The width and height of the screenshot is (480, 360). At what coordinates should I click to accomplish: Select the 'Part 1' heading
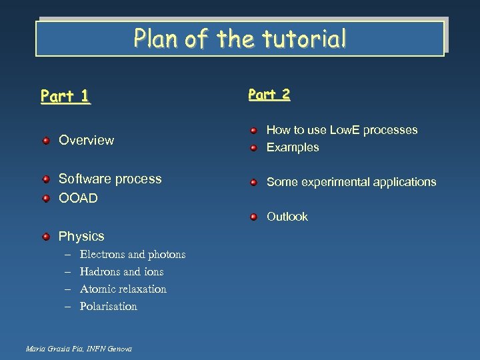(65, 97)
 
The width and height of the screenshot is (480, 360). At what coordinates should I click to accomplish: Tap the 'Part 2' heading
(269, 95)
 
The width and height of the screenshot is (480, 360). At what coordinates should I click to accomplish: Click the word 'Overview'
(86, 140)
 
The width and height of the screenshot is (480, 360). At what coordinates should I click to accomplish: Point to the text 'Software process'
(110, 179)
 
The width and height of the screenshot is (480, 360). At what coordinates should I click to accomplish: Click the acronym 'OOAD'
(78, 199)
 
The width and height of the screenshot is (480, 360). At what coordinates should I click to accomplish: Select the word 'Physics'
(81, 236)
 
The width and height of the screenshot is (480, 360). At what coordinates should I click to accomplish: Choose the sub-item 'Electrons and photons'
(132, 255)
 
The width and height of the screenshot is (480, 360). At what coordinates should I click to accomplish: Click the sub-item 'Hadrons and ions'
(121, 272)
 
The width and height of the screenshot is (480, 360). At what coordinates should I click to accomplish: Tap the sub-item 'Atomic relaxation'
(123, 289)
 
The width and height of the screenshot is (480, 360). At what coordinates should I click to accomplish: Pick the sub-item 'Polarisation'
(108, 307)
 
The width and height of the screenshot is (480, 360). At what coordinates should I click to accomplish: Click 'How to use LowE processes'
(342, 130)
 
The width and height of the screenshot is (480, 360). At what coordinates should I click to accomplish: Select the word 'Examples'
(293, 147)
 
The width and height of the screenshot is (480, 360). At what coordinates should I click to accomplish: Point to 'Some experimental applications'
(351, 182)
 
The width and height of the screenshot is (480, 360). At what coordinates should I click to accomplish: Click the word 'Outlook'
(287, 217)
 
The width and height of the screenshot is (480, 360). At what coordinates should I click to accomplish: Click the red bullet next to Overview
(45, 140)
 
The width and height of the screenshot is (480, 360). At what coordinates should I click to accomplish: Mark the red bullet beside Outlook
(253, 217)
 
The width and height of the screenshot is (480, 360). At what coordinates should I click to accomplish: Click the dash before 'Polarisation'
(67, 307)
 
